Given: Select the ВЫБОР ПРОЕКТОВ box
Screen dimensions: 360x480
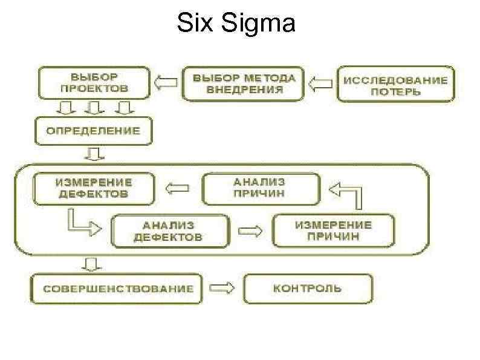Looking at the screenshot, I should click(94, 83).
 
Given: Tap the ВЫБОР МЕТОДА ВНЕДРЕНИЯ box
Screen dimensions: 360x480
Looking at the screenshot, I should click(244, 83).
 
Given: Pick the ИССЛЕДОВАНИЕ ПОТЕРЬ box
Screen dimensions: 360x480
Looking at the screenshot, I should click(395, 85).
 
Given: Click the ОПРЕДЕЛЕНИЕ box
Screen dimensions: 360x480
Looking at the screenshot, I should click(94, 131).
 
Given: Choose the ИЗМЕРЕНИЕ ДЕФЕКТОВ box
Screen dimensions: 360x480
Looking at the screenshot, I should click(94, 188).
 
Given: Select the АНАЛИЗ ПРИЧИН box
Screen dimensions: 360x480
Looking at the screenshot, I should click(260, 189).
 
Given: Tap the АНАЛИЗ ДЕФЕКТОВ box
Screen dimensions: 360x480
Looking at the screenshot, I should click(170, 231).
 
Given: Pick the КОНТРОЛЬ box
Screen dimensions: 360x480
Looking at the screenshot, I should click(308, 289).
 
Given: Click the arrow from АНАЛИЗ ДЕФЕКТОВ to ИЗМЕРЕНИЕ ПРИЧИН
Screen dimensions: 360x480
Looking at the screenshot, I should click(251, 231).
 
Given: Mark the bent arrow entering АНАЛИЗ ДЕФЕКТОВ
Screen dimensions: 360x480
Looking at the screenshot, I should click(79, 223).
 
